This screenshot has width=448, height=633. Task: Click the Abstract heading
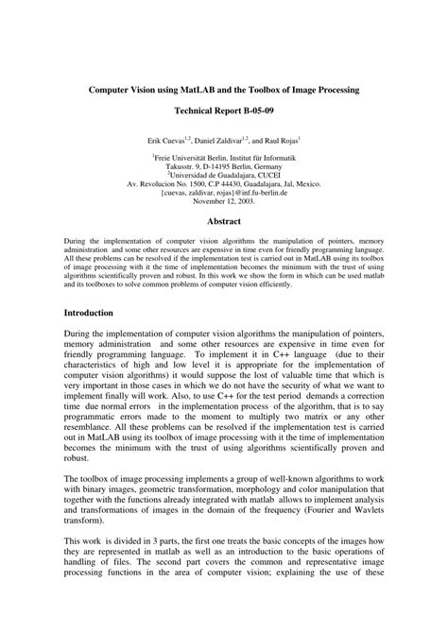click(x=224, y=221)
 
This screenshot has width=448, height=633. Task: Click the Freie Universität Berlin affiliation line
click(x=224, y=153)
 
